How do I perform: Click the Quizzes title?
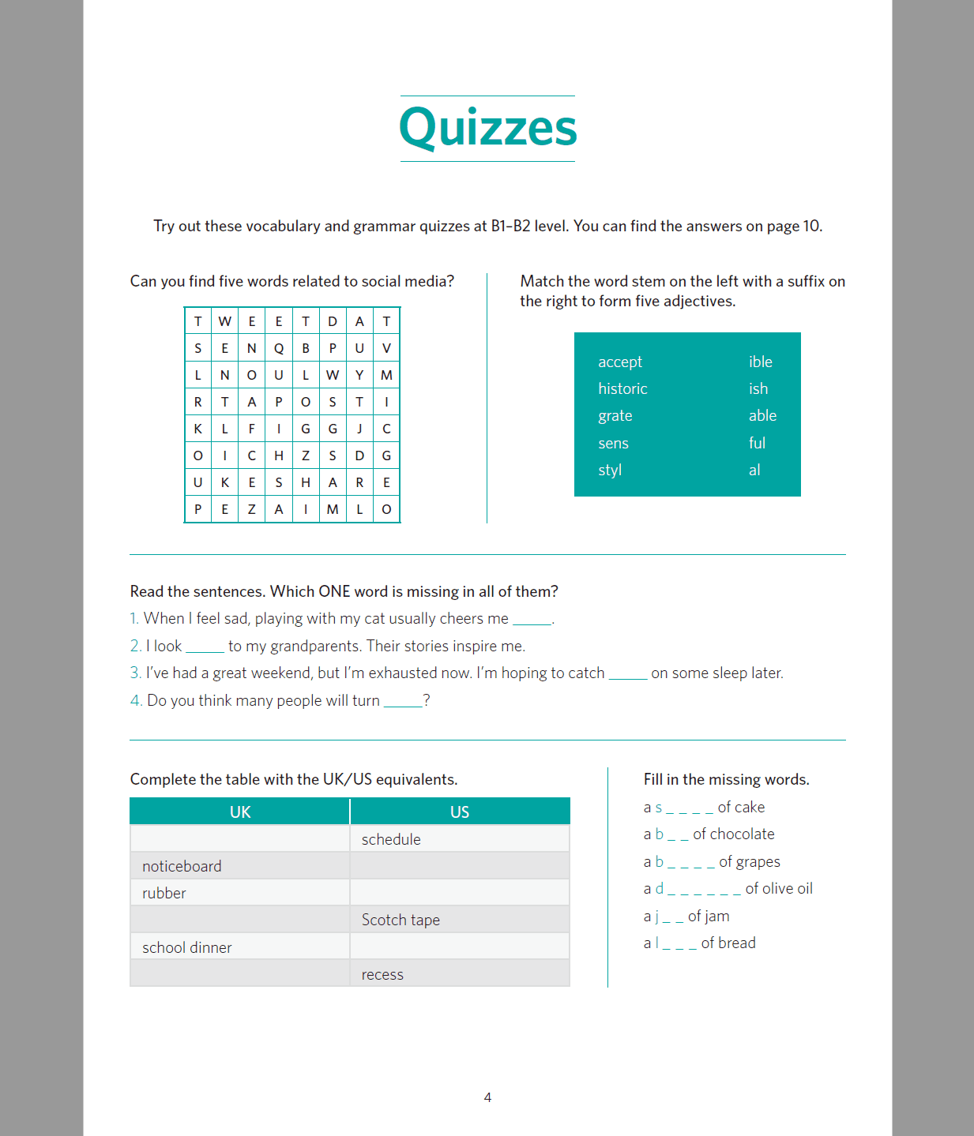pyautogui.click(x=487, y=128)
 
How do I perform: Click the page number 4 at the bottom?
pyautogui.click(x=487, y=1097)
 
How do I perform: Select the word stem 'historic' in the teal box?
pyautogui.click(x=622, y=388)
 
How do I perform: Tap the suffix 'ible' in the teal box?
pyautogui.click(x=760, y=362)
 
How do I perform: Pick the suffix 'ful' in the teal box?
pyautogui.click(x=757, y=443)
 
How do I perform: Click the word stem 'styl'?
pyautogui.click(x=610, y=470)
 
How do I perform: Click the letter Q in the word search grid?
pyautogui.click(x=279, y=348)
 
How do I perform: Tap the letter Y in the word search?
pyautogui.click(x=359, y=375)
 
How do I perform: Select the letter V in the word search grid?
pyautogui.click(x=386, y=348)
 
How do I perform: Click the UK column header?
pyautogui.click(x=240, y=812)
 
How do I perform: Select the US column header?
pyautogui.click(x=460, y=812)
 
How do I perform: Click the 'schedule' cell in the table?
pyautogui.click(x=391, y=839)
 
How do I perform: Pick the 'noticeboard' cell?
pyautogui.click(x=182, y=866)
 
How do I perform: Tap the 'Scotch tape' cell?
pyautogui.click(x=401, y=920)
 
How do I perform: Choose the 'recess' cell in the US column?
pyautogui.click(x=382, y=974)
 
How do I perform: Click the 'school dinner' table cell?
pyautogui.click(x=187, y=947)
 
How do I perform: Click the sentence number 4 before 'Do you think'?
pyautogui.click(x=135, y=700)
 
